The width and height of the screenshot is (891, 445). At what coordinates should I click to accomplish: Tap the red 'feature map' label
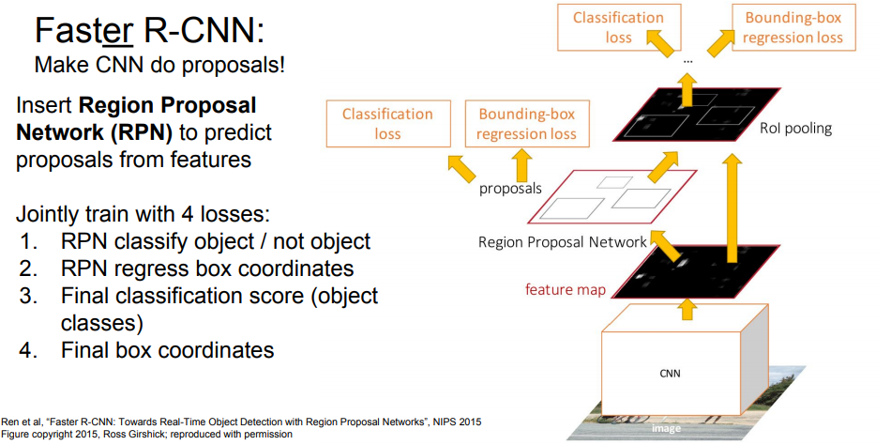tap(565, 289)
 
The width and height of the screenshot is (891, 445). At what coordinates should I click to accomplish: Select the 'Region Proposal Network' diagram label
tap(563, 242)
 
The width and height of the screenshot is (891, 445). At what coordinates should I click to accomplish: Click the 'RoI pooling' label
tap(797, 128)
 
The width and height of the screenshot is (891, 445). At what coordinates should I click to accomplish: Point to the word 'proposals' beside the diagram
tap(511, 188)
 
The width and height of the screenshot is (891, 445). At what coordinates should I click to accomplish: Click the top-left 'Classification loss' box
tap(619, 28)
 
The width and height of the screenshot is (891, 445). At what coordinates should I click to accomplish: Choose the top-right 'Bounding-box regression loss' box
tap(793, 28)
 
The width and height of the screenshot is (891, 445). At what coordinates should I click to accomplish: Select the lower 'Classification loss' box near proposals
tap(387, 124)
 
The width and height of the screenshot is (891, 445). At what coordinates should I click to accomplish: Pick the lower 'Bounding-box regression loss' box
tap(526, 124)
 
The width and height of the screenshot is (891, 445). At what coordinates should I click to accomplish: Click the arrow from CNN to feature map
tap(687, 308)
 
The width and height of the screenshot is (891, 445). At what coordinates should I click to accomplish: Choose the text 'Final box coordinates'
tap(167, 350)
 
